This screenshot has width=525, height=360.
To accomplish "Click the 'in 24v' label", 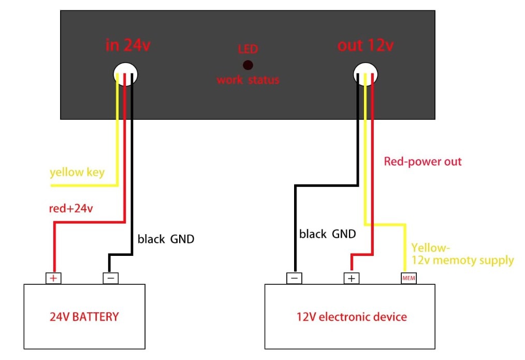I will pyautogui.click(x=128, y=45).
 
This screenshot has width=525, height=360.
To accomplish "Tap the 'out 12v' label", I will pyautogui.click(x=366, y=45).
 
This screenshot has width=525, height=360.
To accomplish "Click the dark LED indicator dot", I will pyautogui.click(x=248, y=65).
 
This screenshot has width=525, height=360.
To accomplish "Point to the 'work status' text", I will pyautogui.click(x=248, y=80).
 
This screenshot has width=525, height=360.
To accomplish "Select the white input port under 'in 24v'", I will pyautogui.click(x=125, y=74).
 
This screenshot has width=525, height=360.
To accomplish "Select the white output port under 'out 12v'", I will pyautogui.click(x=366, y=74).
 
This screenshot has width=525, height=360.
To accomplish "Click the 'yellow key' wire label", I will pyautogui.click(x=77, y=172).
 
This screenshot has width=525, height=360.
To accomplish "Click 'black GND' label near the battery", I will pyautogui.click(x=166, y=239).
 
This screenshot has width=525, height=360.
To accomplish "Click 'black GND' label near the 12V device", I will pyautogui.click(x=328, y=234).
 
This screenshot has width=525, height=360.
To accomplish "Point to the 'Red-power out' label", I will pyautogui.click(x=423, y=162).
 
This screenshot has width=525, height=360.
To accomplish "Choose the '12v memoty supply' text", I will pyautogui.click(x=463, y=260).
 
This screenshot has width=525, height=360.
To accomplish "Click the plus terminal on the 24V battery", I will pyautogui.click(x=53, y=278).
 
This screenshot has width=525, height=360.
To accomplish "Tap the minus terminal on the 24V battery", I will pyautogui.click(x=111, y=278).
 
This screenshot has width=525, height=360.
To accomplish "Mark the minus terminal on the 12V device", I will pyautogui.click(x=294, y=278).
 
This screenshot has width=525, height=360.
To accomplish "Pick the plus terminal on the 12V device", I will pyautogui.click(x=352, y=278).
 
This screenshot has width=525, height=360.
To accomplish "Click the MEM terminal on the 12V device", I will pyautogui.click(x=409, y=278).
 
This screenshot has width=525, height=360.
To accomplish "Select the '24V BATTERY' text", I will pyautogui.click(x=84, y=316).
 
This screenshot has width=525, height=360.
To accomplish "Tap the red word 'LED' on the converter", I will pyautogui.click(x=248, y=50).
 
